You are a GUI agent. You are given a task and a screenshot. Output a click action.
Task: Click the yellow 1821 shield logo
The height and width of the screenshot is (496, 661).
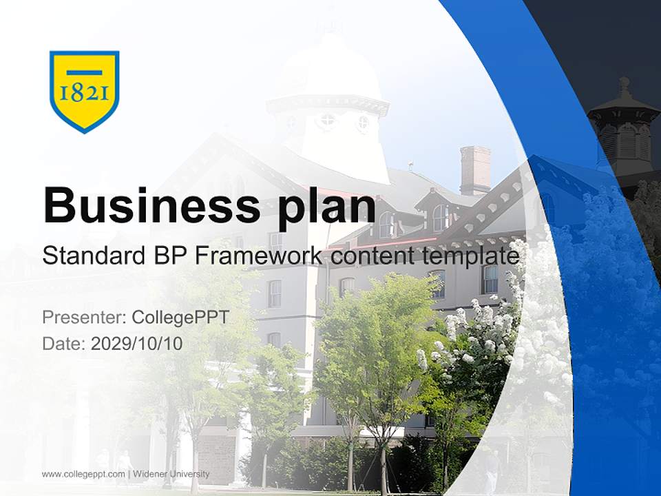[84, 90]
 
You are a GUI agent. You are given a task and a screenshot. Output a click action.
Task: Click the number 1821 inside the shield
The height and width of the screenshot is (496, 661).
[84, 92]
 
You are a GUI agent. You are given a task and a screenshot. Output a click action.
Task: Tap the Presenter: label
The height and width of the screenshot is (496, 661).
[84, 318]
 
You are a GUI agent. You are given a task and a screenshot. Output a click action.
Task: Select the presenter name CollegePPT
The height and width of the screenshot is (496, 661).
[180, 318]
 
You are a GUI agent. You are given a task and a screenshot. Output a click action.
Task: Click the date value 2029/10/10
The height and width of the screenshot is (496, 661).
[137, 343]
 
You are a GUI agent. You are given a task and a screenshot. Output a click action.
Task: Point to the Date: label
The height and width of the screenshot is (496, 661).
[64, 343]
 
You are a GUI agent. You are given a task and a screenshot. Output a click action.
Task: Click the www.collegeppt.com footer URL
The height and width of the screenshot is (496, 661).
[84, 474]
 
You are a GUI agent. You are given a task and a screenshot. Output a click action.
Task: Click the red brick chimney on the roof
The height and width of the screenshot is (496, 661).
[475, 169]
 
